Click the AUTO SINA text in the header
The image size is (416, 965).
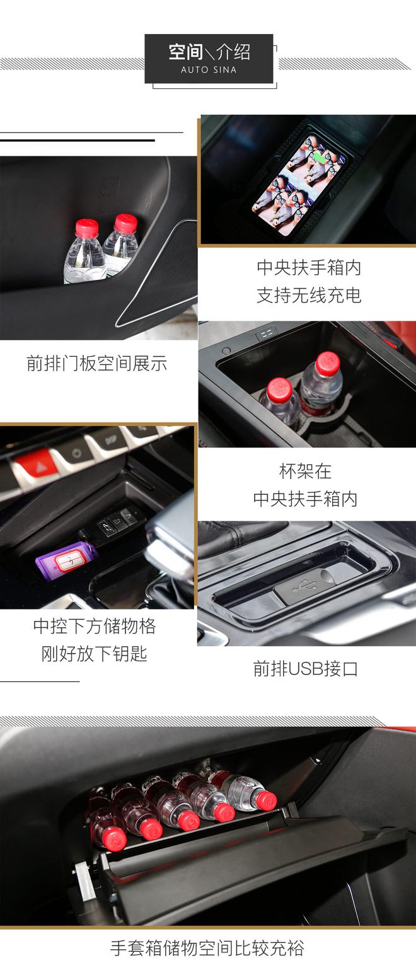point(209,70)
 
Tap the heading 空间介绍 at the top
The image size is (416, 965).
point(209,52)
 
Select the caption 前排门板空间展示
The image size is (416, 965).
point(96,363)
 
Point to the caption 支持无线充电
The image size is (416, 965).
point(309,295)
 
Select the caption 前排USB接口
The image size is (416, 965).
point(305,669)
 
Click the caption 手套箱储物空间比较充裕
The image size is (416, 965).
point(207,948)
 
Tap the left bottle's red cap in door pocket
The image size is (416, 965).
point(86,228)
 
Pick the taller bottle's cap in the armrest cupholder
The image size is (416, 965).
point(328,362)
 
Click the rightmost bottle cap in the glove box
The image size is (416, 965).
point(266,800)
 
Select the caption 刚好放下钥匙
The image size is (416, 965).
point(95,654)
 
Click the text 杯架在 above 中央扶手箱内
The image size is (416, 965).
point(305,471)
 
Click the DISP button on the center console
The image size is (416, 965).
point(110,441)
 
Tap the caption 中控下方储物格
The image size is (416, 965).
point(95,626)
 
